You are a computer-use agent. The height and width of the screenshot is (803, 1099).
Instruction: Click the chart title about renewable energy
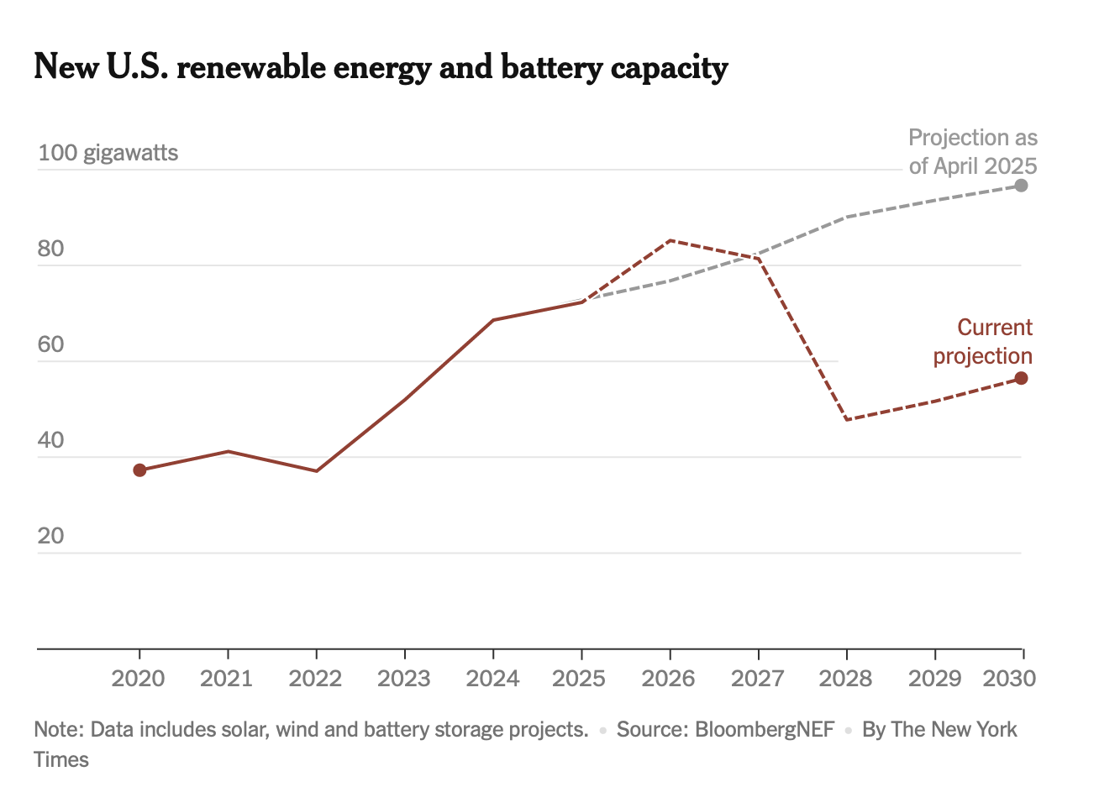tap(381, 67)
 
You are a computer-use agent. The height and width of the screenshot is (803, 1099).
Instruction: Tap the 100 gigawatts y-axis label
tap(108, 153)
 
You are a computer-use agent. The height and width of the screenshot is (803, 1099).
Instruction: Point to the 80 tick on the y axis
tap(51, 249)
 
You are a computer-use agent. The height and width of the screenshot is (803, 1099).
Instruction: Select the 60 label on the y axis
tap(51, 344)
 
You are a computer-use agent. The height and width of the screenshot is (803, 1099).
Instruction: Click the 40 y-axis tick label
tap(51, 440)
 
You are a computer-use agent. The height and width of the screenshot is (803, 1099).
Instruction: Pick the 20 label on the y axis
tap(51, 536)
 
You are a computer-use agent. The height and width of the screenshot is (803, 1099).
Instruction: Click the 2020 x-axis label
tap(139, 678)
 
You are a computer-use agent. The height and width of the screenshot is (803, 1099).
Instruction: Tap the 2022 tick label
tap(316, 678)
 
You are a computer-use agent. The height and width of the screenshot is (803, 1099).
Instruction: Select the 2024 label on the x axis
tap(492, 678)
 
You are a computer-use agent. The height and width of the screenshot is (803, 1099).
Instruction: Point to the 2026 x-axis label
tap(669, 678)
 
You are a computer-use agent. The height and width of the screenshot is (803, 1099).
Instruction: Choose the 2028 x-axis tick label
tap(846, 678)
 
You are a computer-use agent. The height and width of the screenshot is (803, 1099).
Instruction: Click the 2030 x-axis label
tap(1009, 678)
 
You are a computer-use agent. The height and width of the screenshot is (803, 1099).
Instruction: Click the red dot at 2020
tap(139, 470)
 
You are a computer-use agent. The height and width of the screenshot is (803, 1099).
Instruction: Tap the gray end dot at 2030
tap(1022, 186)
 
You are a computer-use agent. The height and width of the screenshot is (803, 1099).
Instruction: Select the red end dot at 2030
tap(1022, 379)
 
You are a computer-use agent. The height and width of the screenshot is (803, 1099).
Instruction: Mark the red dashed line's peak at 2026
tap(670, 240)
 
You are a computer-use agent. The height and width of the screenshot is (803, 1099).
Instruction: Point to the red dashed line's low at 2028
tap(847, 419)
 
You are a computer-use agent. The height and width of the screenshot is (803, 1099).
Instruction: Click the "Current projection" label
tap(983, 342)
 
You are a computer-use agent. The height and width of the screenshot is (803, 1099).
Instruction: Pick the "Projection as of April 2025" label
tap(973, 151)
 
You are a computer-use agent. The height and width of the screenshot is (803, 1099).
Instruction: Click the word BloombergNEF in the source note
tap(765, 729)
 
